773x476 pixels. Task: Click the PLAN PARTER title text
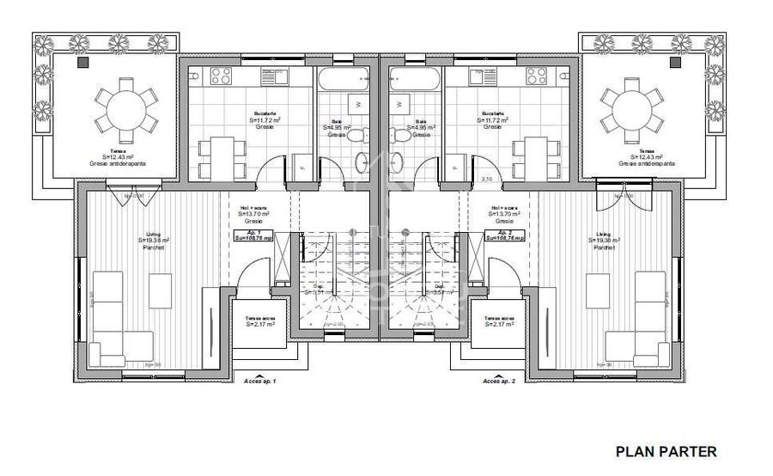point(666,451)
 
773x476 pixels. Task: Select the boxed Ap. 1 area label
point(253,235)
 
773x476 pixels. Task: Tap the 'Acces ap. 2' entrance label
point(499,380)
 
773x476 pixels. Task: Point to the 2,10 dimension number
point(486,179)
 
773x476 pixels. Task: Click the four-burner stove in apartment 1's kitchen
point(220,75)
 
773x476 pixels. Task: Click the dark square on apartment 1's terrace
point(83,63)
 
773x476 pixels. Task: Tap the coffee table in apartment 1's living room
point(160,290)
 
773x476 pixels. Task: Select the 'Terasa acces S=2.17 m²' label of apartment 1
point(259,320)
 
